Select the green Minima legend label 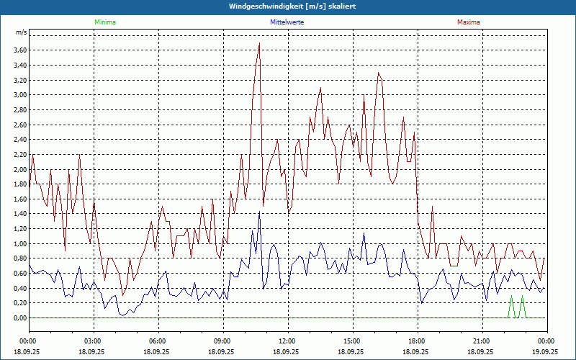pos(104,22)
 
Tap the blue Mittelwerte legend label pos(287,22)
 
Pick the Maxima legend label pos(468,22)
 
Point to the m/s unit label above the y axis pos(21,33)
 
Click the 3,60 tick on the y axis pos(20,50)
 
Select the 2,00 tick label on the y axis pos(20,169)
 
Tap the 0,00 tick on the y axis pos(20,318)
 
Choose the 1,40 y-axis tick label pos(20,214)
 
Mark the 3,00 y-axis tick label pos(20,94)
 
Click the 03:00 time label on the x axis pos(93,341)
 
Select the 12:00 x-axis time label pos(287,341)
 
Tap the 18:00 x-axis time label pos(417,341)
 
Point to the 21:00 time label pos(482,341)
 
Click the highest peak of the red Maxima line pos(259,43)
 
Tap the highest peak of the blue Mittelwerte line pos(259,212)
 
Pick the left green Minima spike pos(511,297)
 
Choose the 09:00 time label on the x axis pos(222,341)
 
